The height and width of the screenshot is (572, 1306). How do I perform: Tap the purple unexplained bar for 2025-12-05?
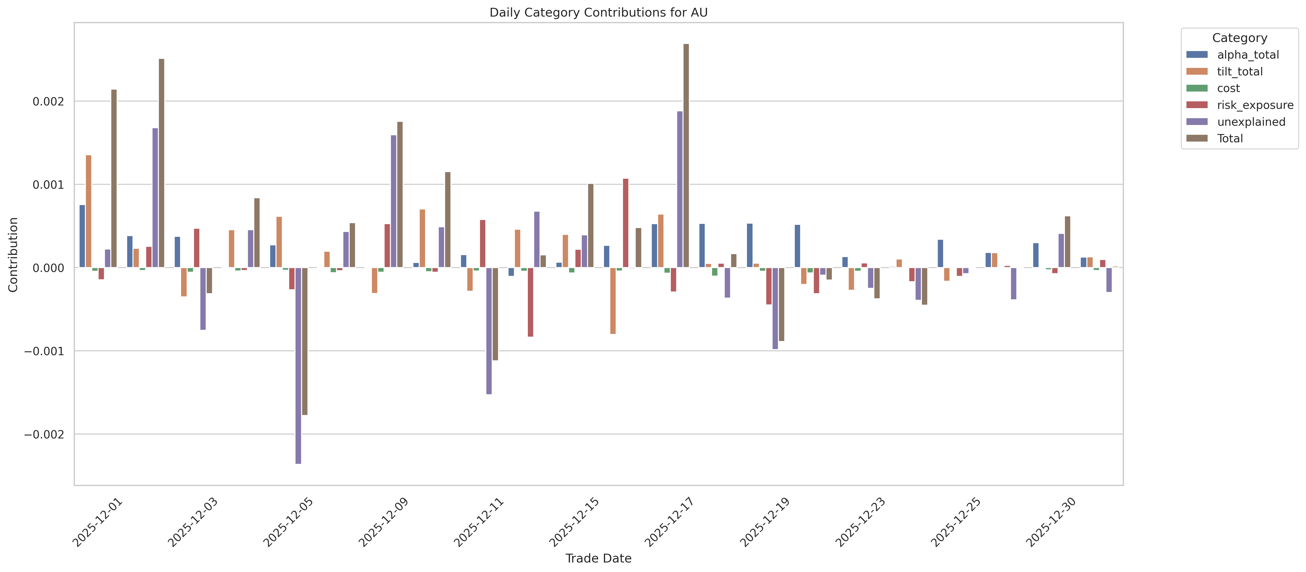[x=298, y=365]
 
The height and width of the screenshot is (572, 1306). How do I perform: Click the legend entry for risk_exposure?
[x=1255, y=105]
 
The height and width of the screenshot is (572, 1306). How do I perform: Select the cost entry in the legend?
[x=1228, y=88]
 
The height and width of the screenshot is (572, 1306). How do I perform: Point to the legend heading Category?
[x=1240, y=38]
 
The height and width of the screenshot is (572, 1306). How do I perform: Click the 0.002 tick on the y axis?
[x=49, y=101]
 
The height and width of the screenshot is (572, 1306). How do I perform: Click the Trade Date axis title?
[x=598, y=558]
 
